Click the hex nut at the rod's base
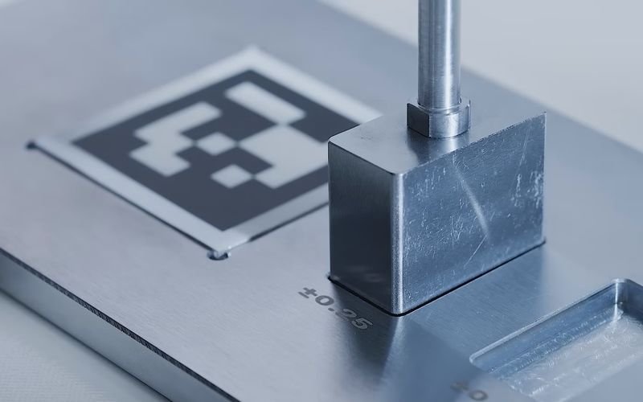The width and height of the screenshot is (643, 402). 437,117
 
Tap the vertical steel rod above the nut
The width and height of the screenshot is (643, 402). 439,48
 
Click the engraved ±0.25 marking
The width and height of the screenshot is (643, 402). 336,307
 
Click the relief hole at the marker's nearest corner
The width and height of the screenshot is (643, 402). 218,254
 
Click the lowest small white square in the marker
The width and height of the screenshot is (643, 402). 234,175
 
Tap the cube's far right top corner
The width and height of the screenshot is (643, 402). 542,117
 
